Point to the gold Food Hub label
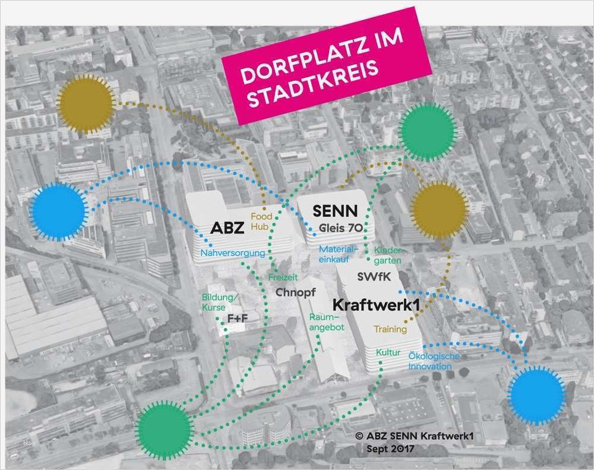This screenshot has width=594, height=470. pos(261,222)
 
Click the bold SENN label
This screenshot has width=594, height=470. pos(335,211)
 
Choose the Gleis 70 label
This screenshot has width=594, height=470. pos(342,228)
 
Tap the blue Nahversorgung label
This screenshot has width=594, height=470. pos(232,254)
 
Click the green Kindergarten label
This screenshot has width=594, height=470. pos(387,255)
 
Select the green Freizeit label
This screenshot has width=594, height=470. pos(283,277)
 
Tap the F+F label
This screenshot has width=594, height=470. pos(238,319)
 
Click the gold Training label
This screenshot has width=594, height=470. pos(390,329)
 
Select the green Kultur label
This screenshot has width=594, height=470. pos(387,353)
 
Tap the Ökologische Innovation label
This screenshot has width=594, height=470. pos(434,361)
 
